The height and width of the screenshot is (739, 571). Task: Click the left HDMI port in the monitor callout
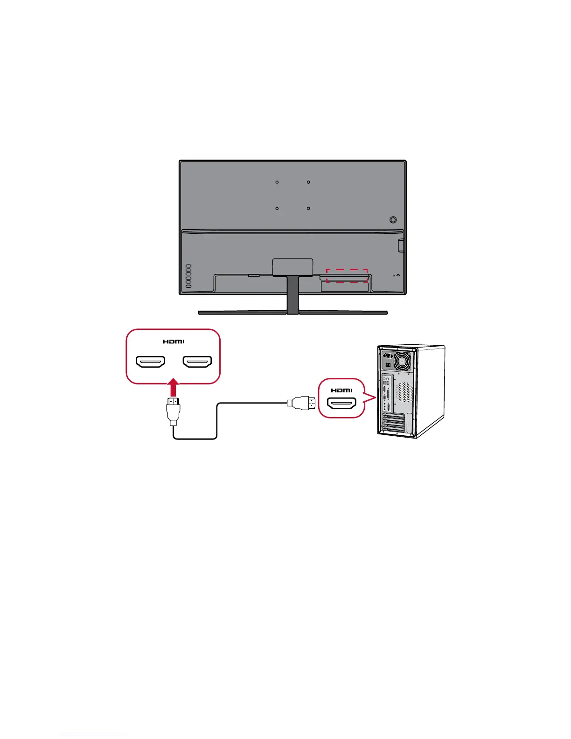pos(150,362)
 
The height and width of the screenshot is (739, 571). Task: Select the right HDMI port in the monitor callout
pos(197,362)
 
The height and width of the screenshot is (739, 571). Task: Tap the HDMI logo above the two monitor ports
pos(174,342)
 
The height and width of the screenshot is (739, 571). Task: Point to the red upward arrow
pos(174,387)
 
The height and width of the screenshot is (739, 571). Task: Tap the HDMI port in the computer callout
pos(341,404)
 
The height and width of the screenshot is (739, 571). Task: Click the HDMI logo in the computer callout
pos(341,390)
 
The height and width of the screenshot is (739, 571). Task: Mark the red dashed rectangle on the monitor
pos(347,275)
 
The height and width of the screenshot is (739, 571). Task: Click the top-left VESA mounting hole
pos(277,182)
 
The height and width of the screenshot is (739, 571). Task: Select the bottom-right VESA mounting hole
pos(308,209)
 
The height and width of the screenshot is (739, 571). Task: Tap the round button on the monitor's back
pos(393,219)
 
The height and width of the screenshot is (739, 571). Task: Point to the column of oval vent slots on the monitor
pos(188,276)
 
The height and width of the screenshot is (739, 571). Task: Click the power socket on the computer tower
pos(387,355)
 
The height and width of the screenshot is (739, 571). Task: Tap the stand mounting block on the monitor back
pos(292,266)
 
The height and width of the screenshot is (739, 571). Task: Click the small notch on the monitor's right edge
pos(401,246)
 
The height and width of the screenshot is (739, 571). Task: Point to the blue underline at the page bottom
pos(92,735)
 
